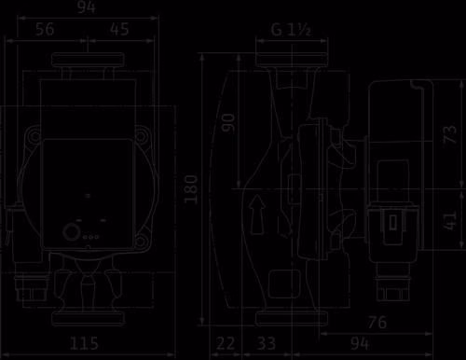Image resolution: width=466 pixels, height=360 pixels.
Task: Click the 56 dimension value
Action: [x=45, y=29]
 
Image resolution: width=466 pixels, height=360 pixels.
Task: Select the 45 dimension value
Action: [x=119, y=29]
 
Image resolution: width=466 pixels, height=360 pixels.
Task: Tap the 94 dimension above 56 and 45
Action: [x=87, y=7]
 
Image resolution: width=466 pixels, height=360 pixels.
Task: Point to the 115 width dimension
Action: [x=84, y=343]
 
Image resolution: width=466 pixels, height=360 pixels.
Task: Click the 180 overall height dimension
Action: [x=191, y=189]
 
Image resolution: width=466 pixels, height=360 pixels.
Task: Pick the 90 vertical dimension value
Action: [x=228, y=123]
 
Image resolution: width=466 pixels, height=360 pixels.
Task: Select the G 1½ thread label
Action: [x=291, y=30]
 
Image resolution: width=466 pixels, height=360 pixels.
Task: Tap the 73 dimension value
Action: [x=450, y=134]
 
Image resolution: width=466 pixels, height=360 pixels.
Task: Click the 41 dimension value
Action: [x=450, y=221]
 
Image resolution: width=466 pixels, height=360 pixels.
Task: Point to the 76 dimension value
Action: [x=377, y=323]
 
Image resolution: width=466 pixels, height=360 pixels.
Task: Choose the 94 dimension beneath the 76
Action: [x=361, y=344]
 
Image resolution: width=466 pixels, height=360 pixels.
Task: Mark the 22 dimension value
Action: [x=226, y=344]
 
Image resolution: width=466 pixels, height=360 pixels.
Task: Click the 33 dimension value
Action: [x=267, y=344]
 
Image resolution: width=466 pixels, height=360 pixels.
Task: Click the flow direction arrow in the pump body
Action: [x=257, y=215]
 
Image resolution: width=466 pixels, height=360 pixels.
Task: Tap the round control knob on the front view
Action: [x=72, y=232]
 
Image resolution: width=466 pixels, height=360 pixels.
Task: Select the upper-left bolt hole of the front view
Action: [x=34, y=136]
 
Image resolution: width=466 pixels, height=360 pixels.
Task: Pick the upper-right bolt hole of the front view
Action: [x=142, y=136]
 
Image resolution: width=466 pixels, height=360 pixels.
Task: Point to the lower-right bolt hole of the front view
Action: [x=141, y=241]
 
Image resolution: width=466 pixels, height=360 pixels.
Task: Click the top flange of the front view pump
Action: [x=88, y=60]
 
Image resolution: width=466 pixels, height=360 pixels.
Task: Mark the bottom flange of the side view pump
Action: [x=292, y=319]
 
